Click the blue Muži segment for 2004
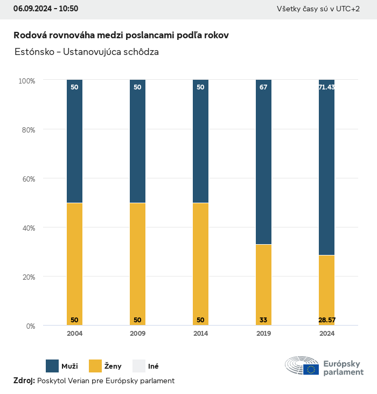[x=74, y=141]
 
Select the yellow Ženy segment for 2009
[x=137, y=264]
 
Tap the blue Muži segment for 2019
[x=263, y=162]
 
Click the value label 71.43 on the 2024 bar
[x=326, y=87]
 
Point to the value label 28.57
[x=326, y=320]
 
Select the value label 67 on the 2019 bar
[x=263, y=87]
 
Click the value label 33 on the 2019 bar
[x=263, y=320]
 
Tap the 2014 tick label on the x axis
[x=200, y=334]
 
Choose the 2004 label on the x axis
[x=74, y=334]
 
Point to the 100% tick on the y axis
[x=27, y=81]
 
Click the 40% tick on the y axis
[x=27, y=228]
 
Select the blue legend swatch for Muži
[x=52, y=366]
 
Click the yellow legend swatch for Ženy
[x=95, y=366]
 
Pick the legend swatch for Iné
[x=139, y=366]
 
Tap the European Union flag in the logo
[x=311, y=369]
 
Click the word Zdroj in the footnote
[x=24, y=381]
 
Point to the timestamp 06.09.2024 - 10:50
[x=46, y=9]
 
